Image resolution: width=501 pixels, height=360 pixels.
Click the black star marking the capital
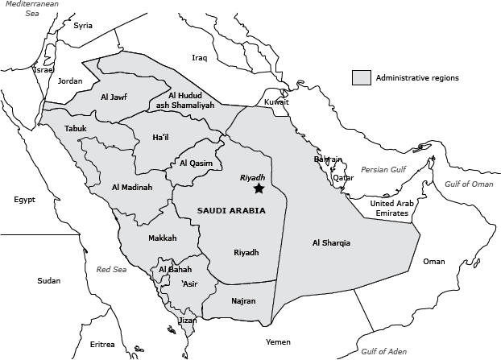(258, 188)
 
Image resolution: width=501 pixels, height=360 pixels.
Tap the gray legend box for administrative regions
(361, 78)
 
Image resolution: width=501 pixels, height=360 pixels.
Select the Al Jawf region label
(114, 97)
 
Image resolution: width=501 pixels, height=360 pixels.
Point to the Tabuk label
(75, 128)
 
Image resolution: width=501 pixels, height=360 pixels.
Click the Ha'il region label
(160, 138)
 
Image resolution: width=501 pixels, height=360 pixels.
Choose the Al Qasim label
(196, 163)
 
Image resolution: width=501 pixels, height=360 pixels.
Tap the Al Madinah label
(131, 187)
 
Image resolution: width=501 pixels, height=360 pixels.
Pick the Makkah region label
(162, 238)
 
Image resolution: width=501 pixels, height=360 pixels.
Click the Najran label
(242, 301)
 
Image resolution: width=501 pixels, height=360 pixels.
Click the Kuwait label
(276, 102)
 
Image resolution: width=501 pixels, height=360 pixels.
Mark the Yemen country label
(278, 341)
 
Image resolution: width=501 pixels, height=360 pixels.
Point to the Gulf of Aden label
(383, 352)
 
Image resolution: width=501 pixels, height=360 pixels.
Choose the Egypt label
(25, 199)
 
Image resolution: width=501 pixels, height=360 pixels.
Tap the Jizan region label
(186, 320)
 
